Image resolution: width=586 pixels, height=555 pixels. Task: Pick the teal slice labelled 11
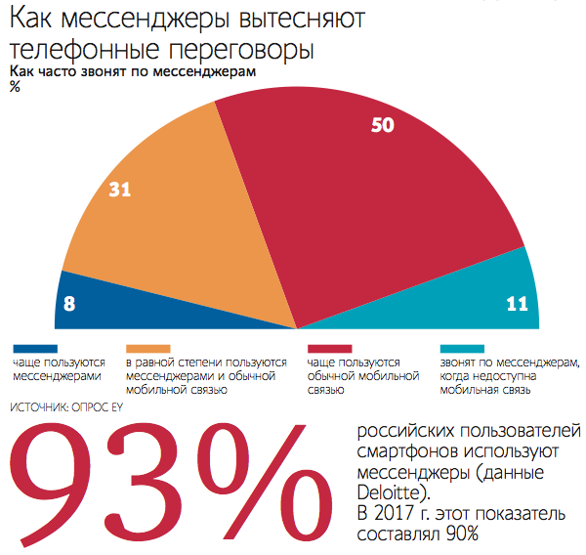pos(469,298)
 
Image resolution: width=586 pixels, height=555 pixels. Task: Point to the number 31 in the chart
pos(120,191)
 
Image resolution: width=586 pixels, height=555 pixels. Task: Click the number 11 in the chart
pos(518,304)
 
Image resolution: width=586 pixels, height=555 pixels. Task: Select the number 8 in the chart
pos(69,304)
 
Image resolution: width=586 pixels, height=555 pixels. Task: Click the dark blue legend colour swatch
pos(35,348)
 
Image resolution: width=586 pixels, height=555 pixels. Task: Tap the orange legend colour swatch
pos(149,348)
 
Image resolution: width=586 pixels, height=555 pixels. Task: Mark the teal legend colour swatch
pos(462,348)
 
